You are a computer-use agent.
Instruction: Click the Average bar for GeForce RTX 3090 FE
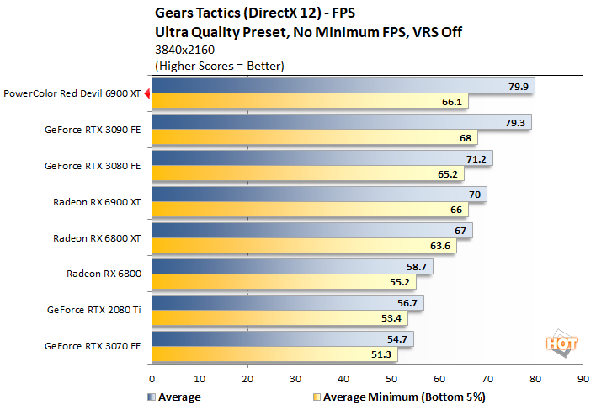341,123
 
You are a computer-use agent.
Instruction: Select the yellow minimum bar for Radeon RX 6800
284,281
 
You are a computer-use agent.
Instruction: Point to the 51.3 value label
383,354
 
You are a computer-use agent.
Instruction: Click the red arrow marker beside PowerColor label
146,94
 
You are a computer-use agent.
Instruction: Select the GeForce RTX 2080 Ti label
93,309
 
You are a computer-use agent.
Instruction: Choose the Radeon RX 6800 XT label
97,237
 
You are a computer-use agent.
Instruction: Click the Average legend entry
177,395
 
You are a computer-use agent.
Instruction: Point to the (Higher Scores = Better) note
216,65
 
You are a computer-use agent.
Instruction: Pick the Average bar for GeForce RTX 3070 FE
282,338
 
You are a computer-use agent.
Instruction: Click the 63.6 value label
442,247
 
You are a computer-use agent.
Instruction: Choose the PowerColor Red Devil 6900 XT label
72,94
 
